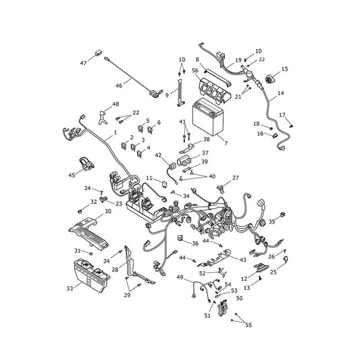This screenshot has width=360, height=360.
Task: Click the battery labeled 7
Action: click(208, 117)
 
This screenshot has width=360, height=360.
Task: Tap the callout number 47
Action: click(83, 63)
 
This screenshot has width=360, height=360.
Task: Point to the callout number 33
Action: click(70, 288)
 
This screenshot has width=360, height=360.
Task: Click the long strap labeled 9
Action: click(180, 93)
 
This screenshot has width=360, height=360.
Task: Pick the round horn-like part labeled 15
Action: click(268, 80)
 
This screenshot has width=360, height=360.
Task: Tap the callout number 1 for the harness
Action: click(115, 132)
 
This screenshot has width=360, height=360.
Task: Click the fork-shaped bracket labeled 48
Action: click(103, 117)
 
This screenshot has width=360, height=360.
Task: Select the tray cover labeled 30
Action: click(88, 234)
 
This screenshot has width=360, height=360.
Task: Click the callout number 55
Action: click(249, 325)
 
